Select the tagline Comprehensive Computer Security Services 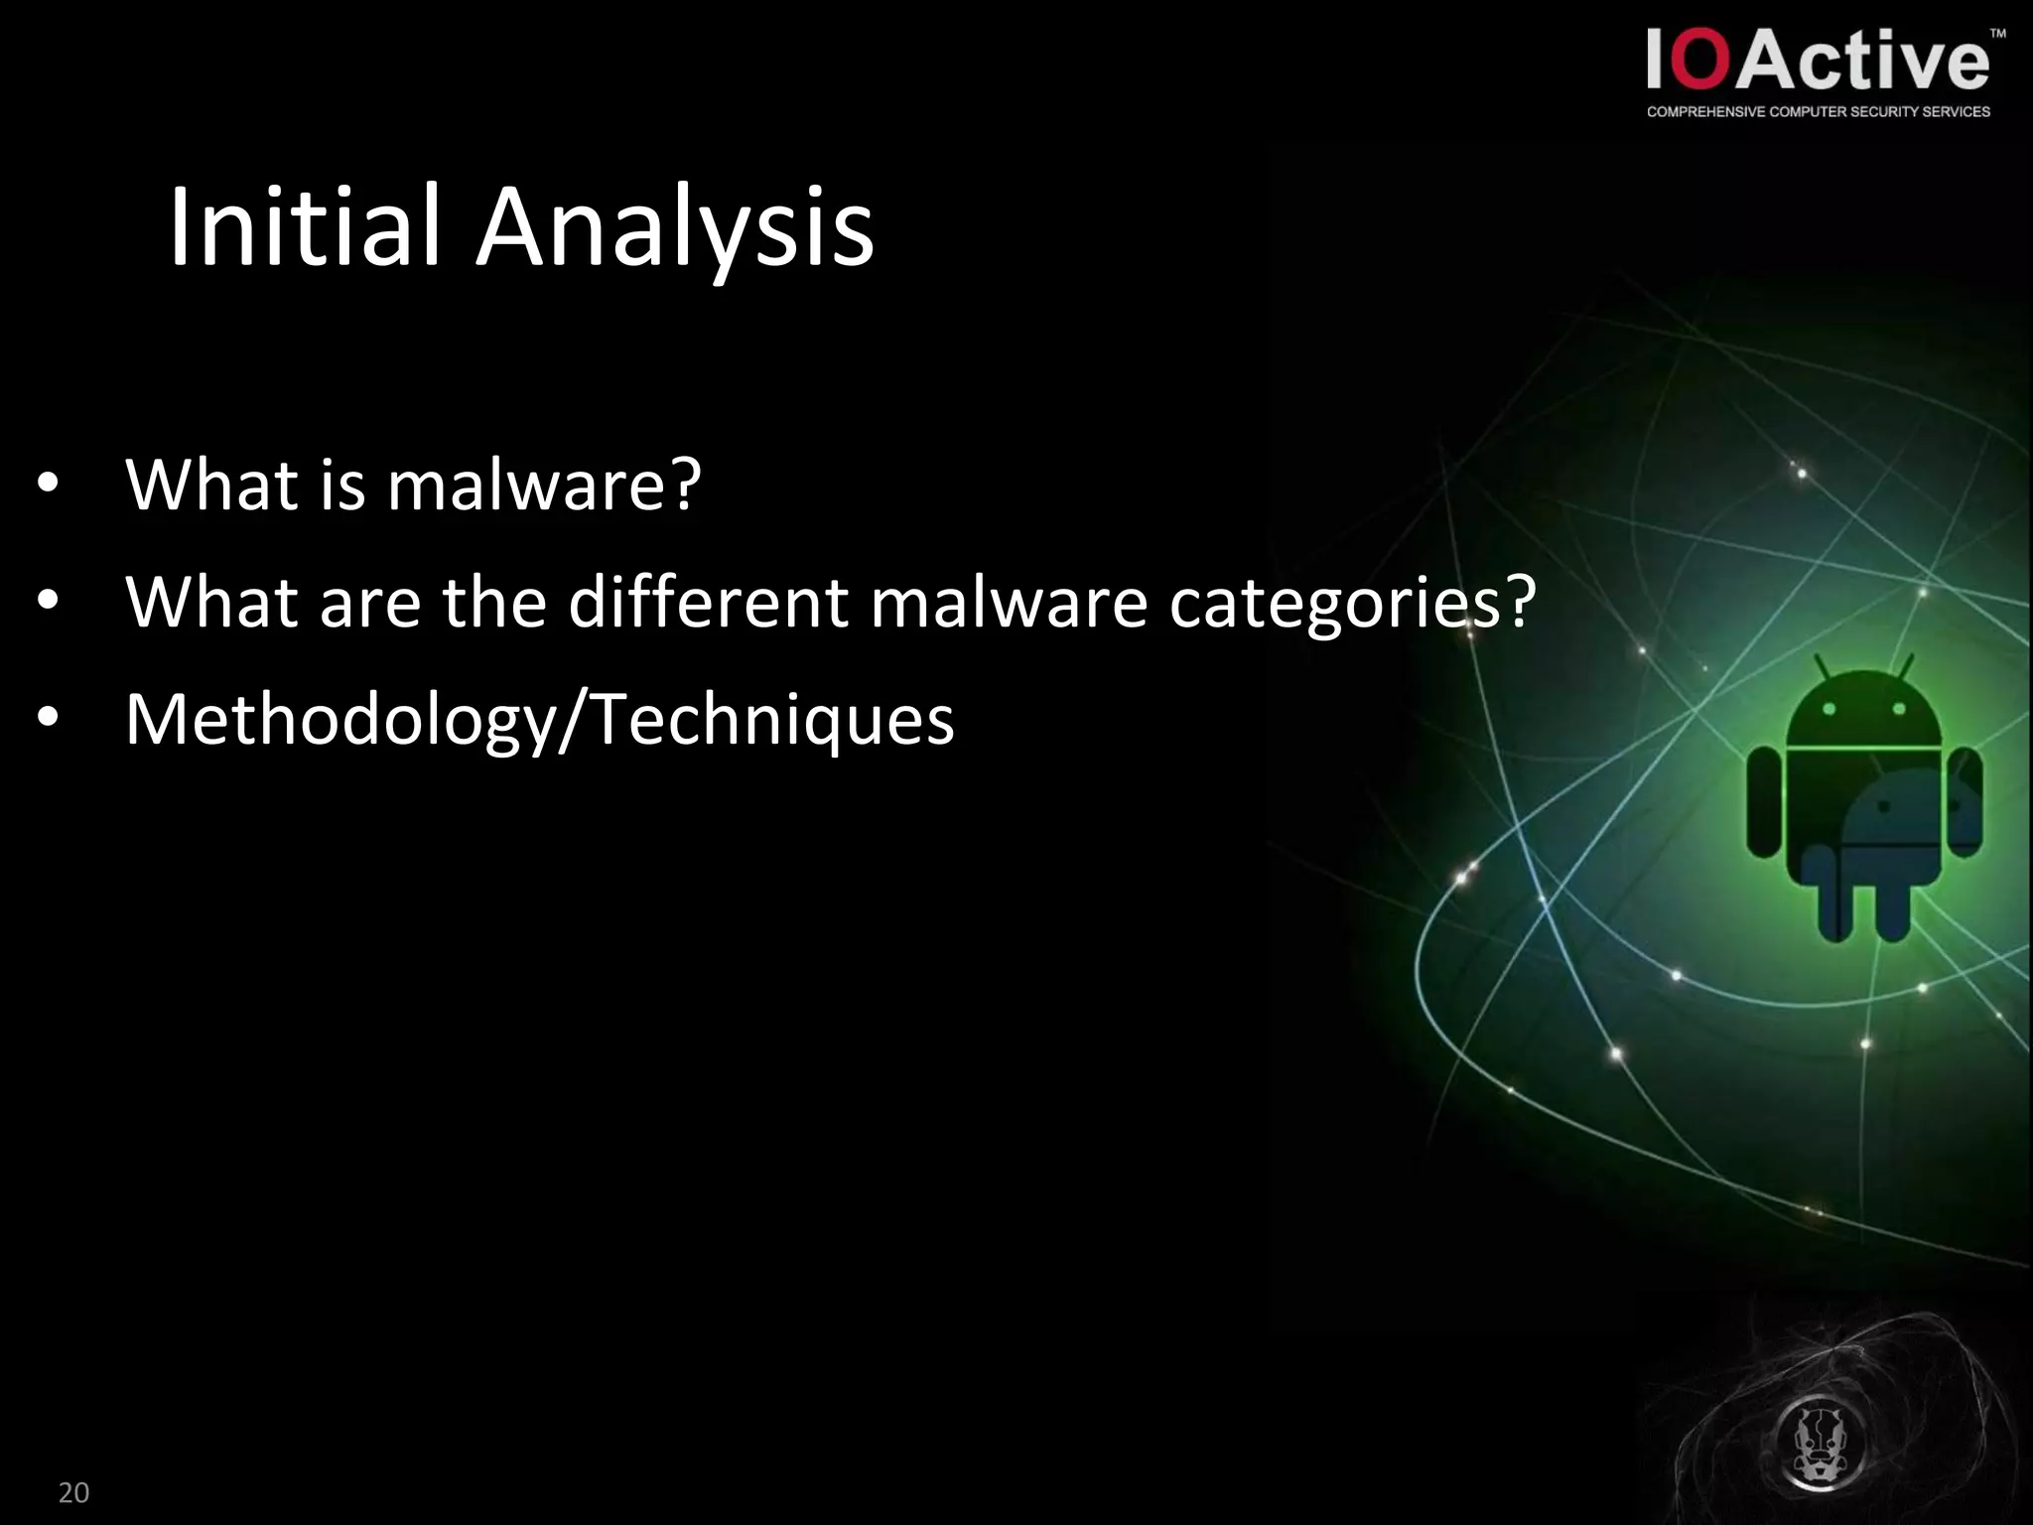point(1819,112)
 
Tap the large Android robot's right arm point(1964,802)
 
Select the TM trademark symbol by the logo point(1997,34)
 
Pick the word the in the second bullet point(494,602)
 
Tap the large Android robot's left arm point(1765,802)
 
